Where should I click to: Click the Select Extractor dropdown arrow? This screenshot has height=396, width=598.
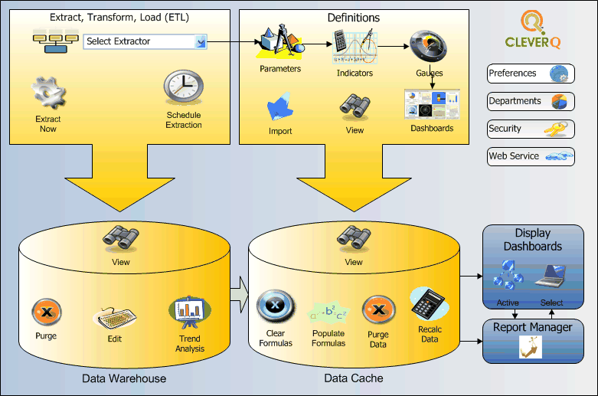click(x=201, y=41)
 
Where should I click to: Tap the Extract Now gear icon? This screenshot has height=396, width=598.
click(x=47, y=93)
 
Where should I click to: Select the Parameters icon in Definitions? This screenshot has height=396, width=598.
click(x=279, y=43)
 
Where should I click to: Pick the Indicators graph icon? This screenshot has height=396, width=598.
click(x=354, y=47)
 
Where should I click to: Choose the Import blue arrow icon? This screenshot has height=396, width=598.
click(x=280, y=107)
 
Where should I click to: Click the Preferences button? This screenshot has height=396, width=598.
click(x=531, y=74)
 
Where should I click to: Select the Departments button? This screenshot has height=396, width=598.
click(x=531, y=101)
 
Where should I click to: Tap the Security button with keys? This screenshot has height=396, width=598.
click(x=531, y=129)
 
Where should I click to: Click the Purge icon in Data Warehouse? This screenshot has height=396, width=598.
click(x=46, y=313)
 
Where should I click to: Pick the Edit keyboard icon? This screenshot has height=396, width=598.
click(x=114, y=317)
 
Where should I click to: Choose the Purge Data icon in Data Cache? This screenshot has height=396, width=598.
click(x=377, y=311)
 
